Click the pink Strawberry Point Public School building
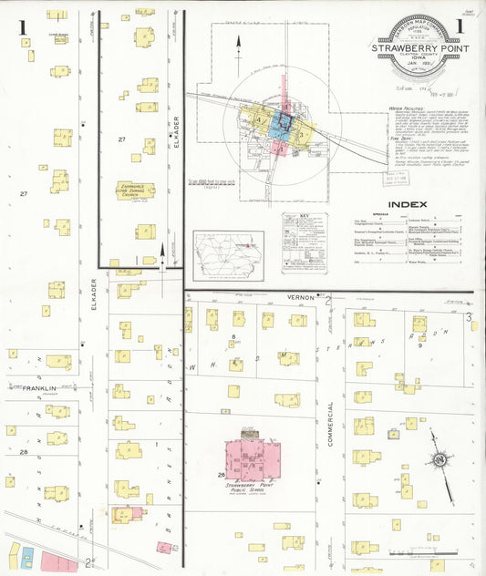point(254,460)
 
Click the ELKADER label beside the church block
point(171,137)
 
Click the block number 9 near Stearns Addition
point(419,345)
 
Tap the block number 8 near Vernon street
point(234,338)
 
